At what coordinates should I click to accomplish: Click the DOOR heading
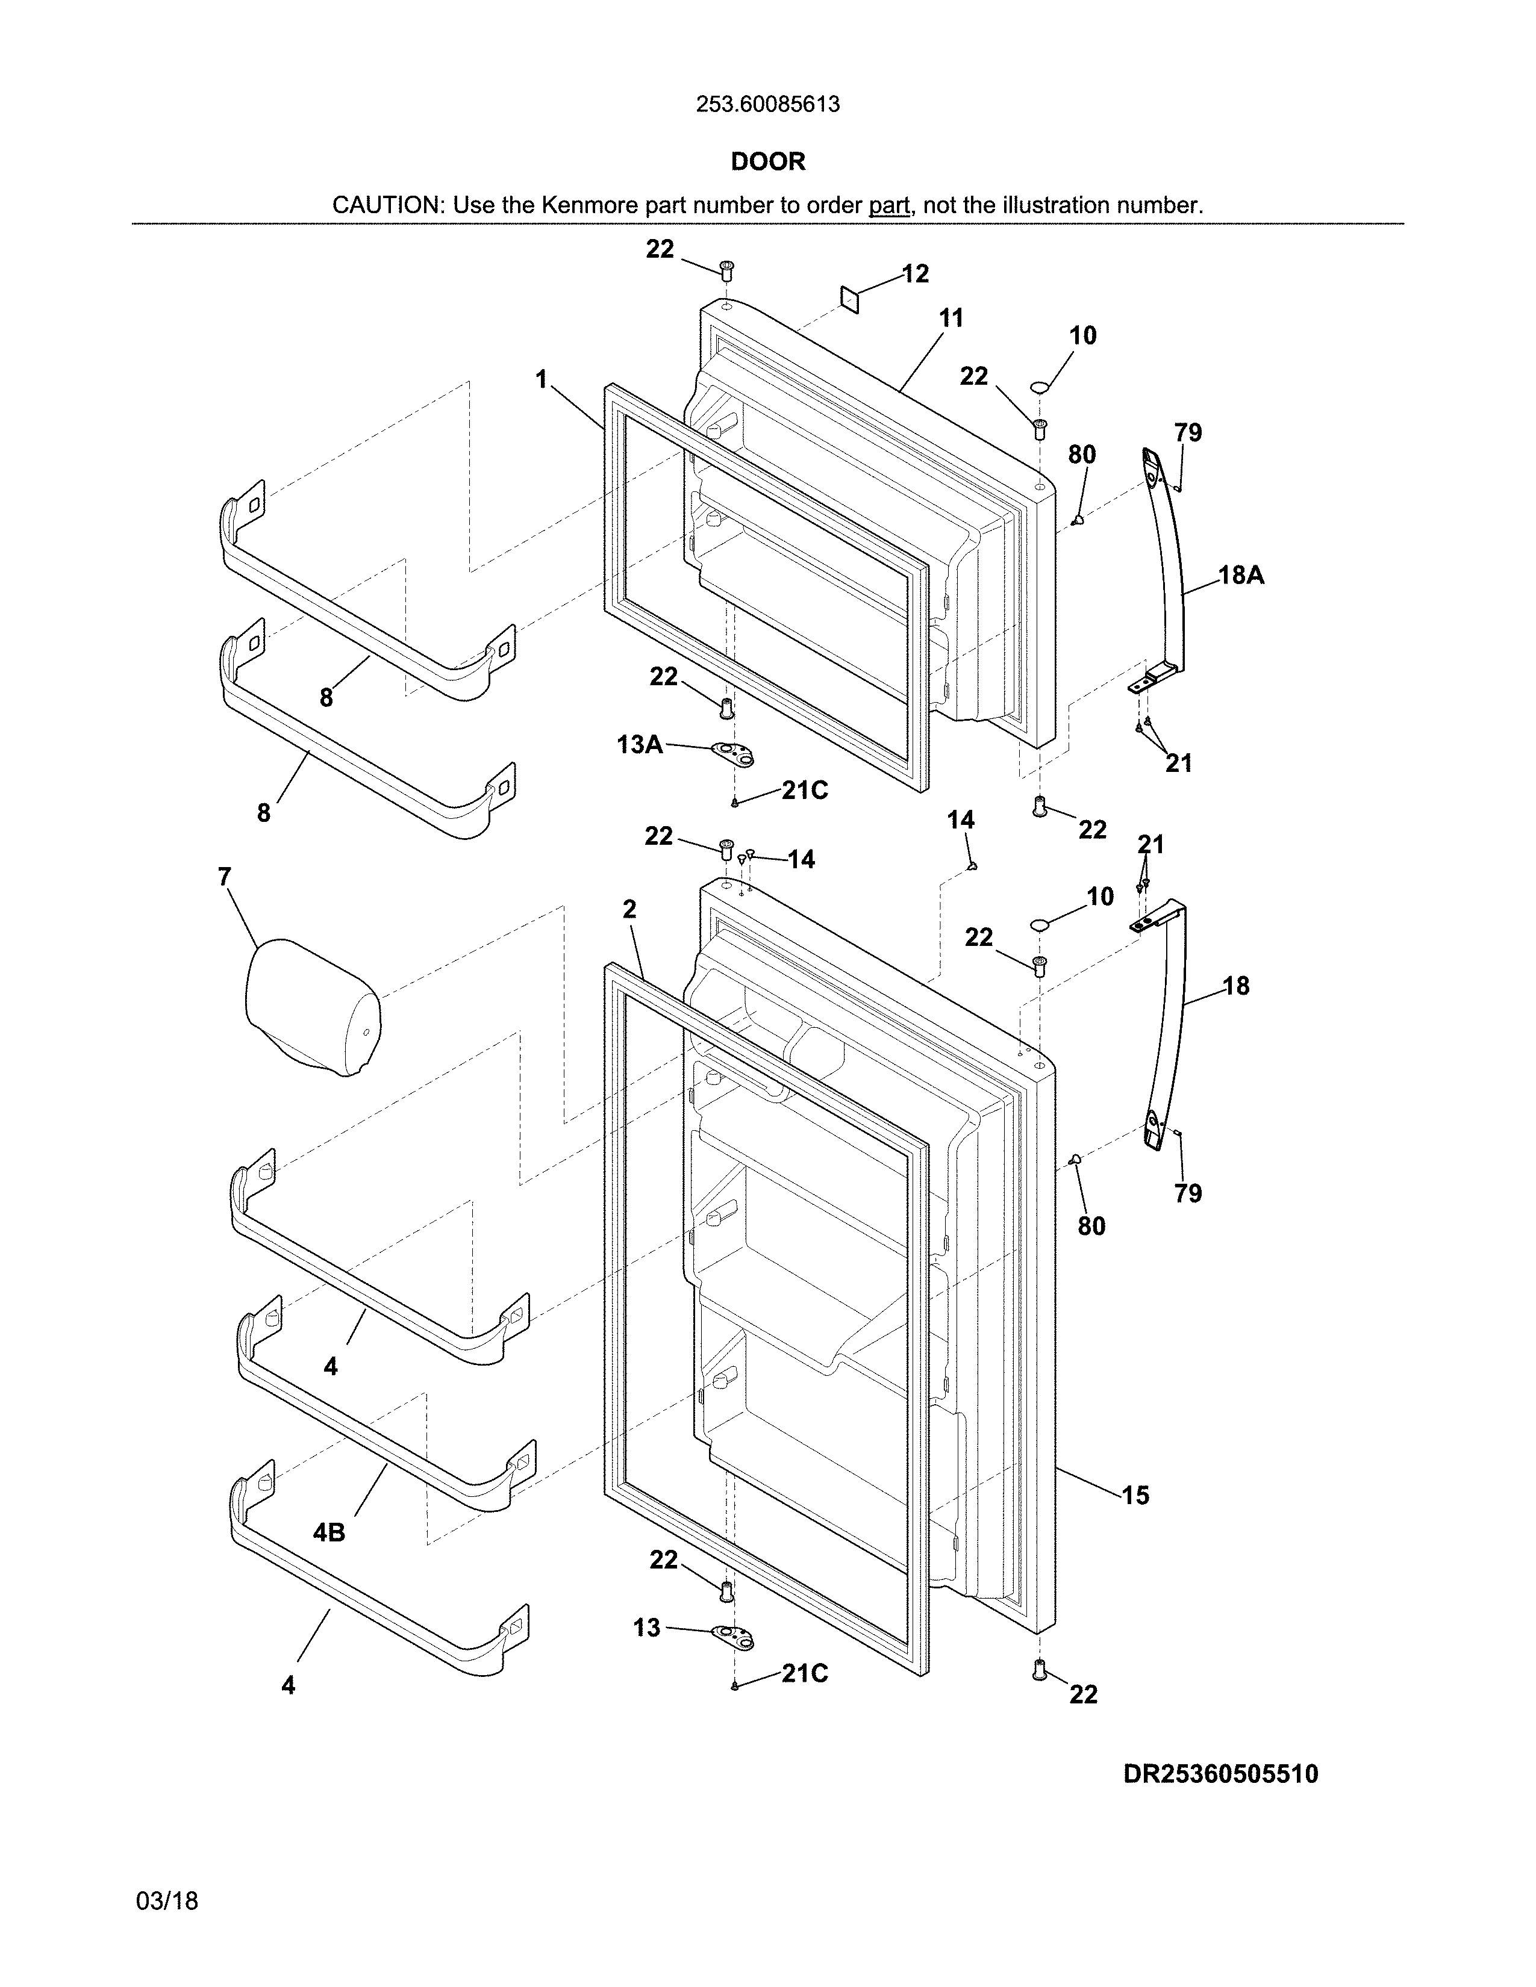[768, 162]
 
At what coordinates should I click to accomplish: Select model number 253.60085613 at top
[768, 105]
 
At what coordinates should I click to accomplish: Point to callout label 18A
[1241, 575]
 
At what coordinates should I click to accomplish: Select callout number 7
[225, 877]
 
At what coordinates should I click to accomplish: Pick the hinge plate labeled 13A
[734, 751]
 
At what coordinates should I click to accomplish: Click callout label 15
[1135, 1495]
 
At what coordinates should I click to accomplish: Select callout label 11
[951, 319]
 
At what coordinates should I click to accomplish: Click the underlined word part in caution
[889, 205]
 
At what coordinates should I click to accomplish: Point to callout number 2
[629, 909]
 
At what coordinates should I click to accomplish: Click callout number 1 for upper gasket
[542, 379]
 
